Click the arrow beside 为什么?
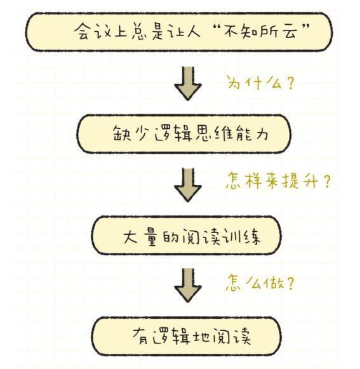click(x=188, y=83)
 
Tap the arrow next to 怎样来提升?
click(x=188, y=185)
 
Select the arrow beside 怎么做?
click(x=188, y=285)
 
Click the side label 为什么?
click(x=261, y=83)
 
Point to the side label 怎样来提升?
click(x=278, y=181)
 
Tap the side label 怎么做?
click(x=260, y=283)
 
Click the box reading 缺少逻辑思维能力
click(x=183, y=134)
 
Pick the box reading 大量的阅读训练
click(x=187, y=236)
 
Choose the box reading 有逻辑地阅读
click(x=187, y=336)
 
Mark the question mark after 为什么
click(x=291, y=83)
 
